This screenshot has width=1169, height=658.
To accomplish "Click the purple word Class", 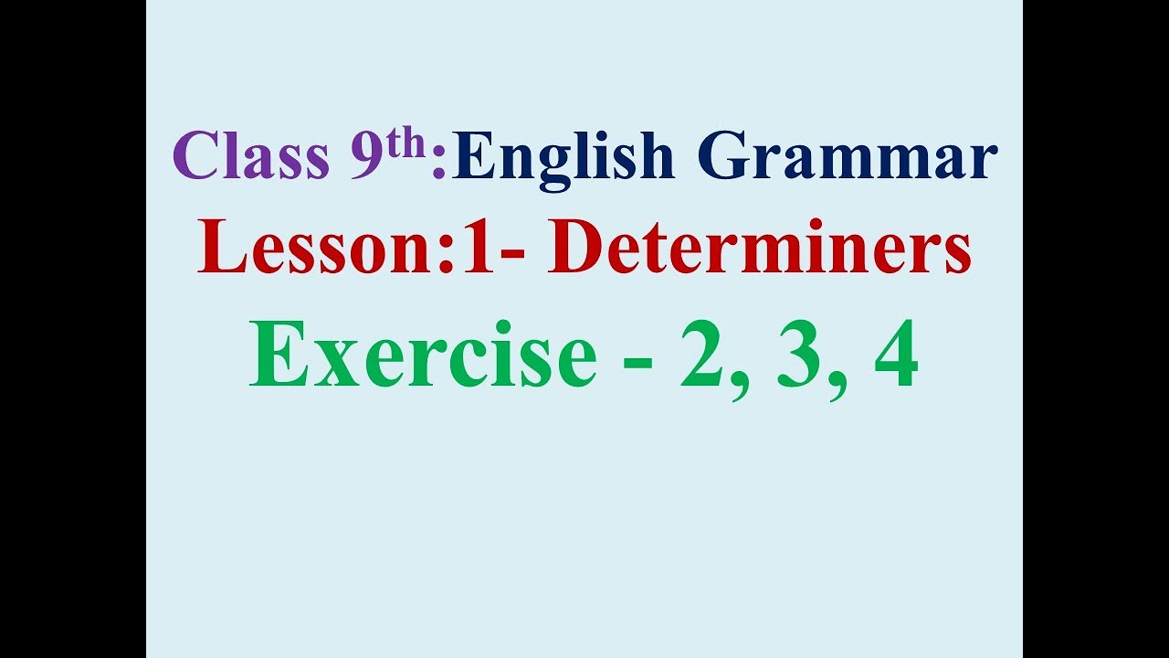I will pyautogui.click(x=250, y=156).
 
